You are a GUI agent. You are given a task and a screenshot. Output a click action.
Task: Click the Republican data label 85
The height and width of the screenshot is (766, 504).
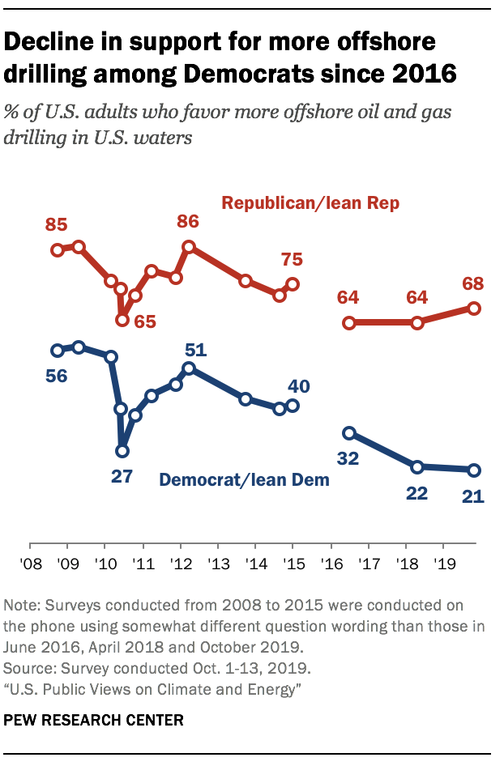pyautogui.click(x=57, y=224)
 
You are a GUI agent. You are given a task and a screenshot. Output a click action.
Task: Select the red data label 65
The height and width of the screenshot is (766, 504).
pyautogui.click(x=145, y=321)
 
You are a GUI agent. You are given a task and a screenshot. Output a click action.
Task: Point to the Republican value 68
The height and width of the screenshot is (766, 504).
pyautogui.click(x=473, y=284)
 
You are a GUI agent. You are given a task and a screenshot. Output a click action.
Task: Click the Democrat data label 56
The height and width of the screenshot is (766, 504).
pyautogui.click(x=56, y=376)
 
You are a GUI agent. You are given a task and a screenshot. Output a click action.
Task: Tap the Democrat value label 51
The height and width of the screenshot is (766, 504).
pyautogui.click(x=197, y=351)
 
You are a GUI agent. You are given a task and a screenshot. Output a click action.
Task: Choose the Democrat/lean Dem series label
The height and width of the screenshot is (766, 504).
pyautogui.click(x=245, y=479)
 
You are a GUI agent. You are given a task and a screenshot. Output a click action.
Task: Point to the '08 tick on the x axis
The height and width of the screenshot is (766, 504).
pyautogui.click(x=31, y=562)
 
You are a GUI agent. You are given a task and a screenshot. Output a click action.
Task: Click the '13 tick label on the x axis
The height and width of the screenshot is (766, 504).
pyautogui.click(x=217, y=562)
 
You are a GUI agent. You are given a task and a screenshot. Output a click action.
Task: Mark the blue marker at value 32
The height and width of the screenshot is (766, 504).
pyautogui.click(x=349, y=433)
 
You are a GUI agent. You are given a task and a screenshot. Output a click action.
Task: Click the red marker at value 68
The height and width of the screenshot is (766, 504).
pyautogui.click(x=474, y=308)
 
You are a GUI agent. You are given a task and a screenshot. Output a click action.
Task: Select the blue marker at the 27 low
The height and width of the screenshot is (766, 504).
pyautogui.click(x=122, y=451)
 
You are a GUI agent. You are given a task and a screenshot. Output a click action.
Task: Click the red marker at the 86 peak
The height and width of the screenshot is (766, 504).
pyautogui.click(x=188, y=246)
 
